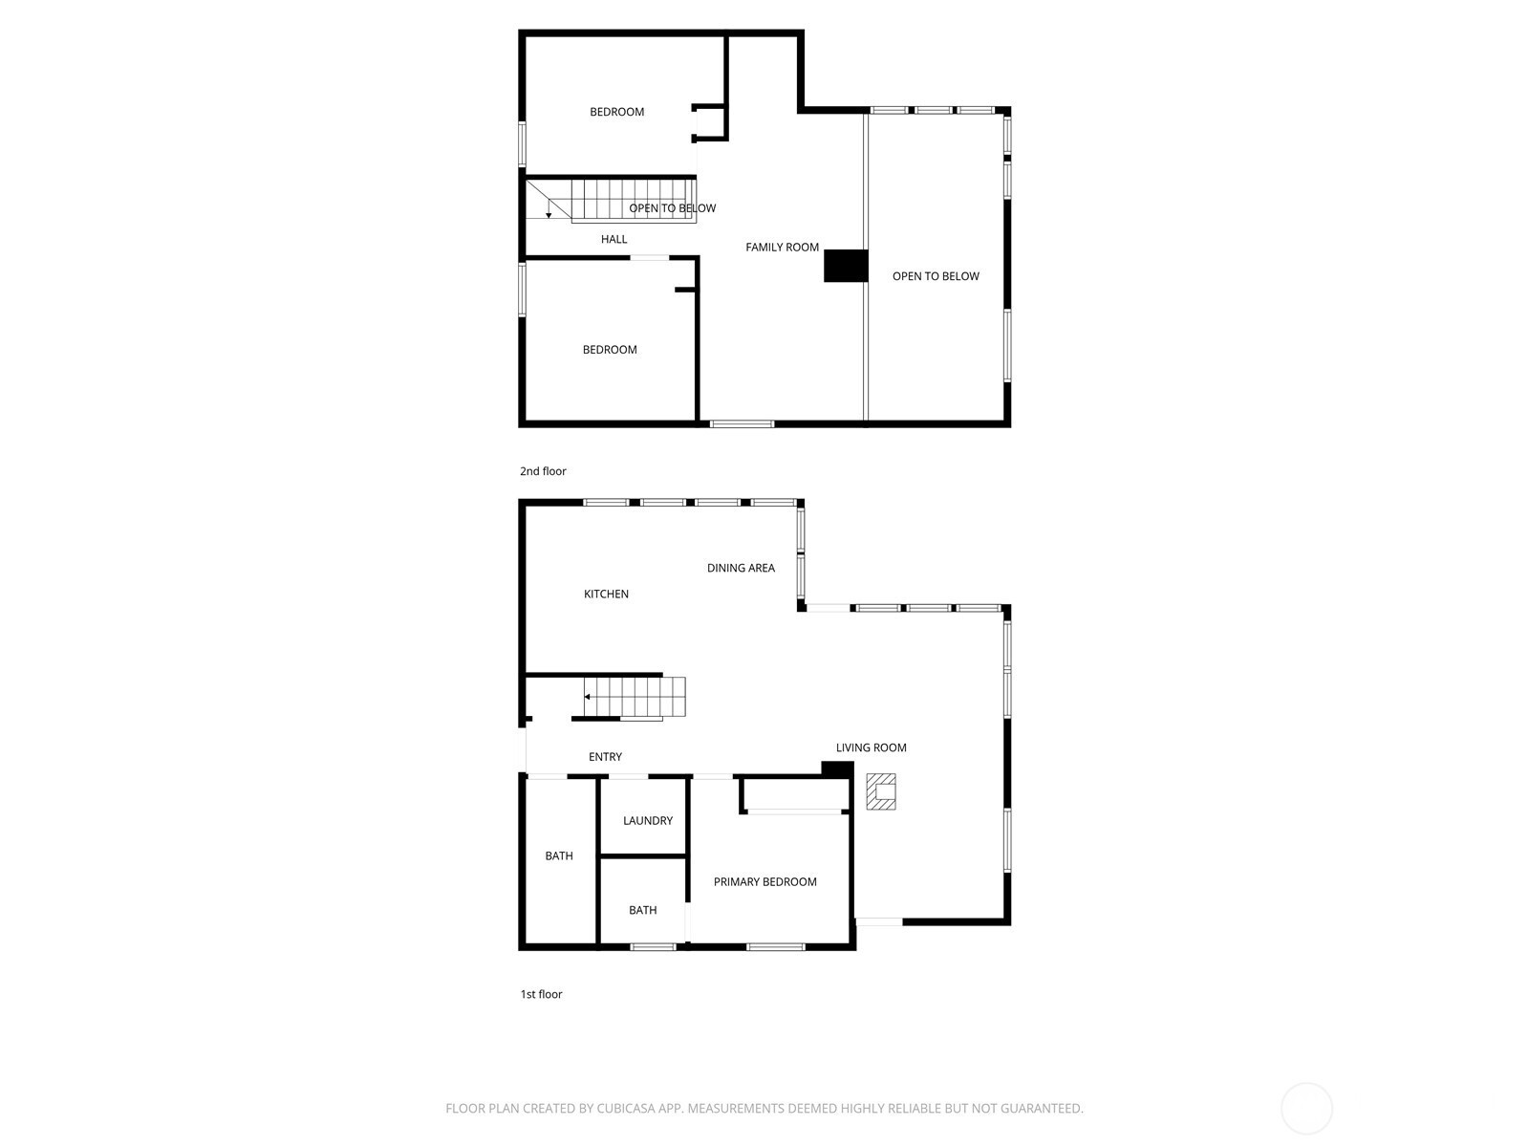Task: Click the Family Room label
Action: pos(782,248)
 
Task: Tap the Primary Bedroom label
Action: pos(764,881)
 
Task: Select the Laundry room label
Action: pos(648,820)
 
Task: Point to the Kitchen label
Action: pos(606,594)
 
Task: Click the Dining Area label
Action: pos(741,568)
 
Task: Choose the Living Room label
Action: pos(872,747)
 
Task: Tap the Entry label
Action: pos(605,756)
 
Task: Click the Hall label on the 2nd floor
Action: pos(614,239)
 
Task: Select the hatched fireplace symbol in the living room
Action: pos(881,791)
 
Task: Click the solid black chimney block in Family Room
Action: pos(845,266)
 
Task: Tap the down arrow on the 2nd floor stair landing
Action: pos(549,208)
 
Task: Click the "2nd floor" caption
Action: pos(543,471)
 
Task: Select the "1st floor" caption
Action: pos(541,994)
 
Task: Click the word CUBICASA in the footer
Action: pos(625,1108)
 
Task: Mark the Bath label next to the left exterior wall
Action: pos(559,855)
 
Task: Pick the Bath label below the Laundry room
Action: pos(642,910)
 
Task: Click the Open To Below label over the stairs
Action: pos(672,208)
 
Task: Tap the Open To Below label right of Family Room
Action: pos(936,276)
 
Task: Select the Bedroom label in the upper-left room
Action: pos(616,112)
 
